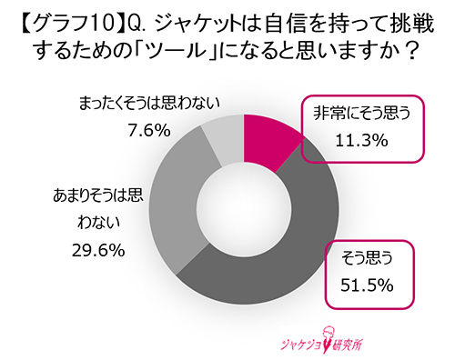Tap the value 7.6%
(150, 130)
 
